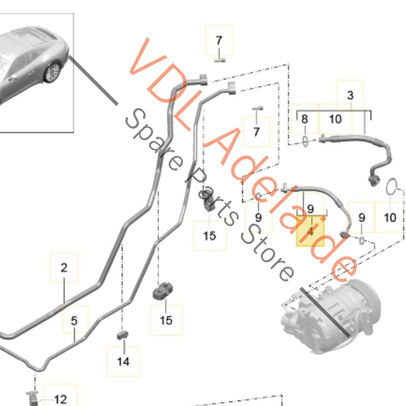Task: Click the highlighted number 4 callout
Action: click(x=310, y=232)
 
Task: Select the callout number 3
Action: click(x=350, y=95)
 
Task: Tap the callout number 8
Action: click(x=305, y=119)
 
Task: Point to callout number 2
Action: click(x=64, y=268)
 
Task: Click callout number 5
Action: click(x=74, y=321)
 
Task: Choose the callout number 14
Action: click(x=123, y=361)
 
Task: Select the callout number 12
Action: click(x=60, y=399)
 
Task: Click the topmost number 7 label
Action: click(x=219, y=40)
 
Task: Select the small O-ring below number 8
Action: click(x=305, y=141)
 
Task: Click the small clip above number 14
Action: click(x=123, y=335)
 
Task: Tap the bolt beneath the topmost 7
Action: click(x=220, y=60)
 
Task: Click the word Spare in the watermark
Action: click(x=153, y=139)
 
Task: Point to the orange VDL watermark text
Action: click(x=171, y=84)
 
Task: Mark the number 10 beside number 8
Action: click(x=335, y=119)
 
